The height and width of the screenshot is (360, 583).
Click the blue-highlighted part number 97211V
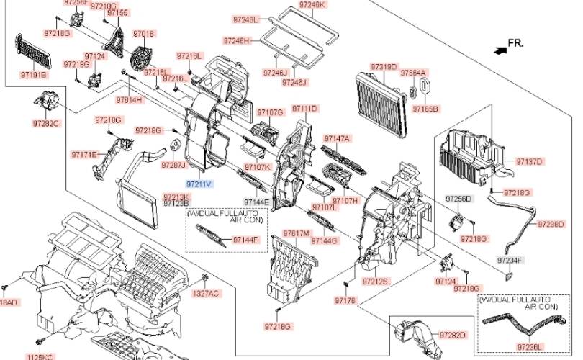point(199,184)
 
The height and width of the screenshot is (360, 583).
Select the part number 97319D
point(384,67)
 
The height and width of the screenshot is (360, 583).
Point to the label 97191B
point(33,74)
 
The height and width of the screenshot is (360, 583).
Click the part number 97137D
point(529,161)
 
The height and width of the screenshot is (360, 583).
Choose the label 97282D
point(453,336)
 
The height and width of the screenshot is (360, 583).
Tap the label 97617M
point(296,234)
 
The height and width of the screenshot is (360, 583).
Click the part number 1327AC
point(205,293)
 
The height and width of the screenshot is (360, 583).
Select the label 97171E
point(83,154)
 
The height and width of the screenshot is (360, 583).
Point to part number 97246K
point(312,4)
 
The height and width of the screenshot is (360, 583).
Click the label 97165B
point(425,109)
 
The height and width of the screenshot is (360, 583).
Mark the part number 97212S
point(375,281)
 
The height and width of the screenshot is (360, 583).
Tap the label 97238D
point(551,225)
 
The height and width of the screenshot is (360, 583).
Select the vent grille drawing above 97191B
point(32,49)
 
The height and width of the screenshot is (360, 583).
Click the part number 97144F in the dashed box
point(245,239)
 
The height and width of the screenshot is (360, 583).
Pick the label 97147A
point(336,138)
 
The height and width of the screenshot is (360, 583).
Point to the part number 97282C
point(46,124)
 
